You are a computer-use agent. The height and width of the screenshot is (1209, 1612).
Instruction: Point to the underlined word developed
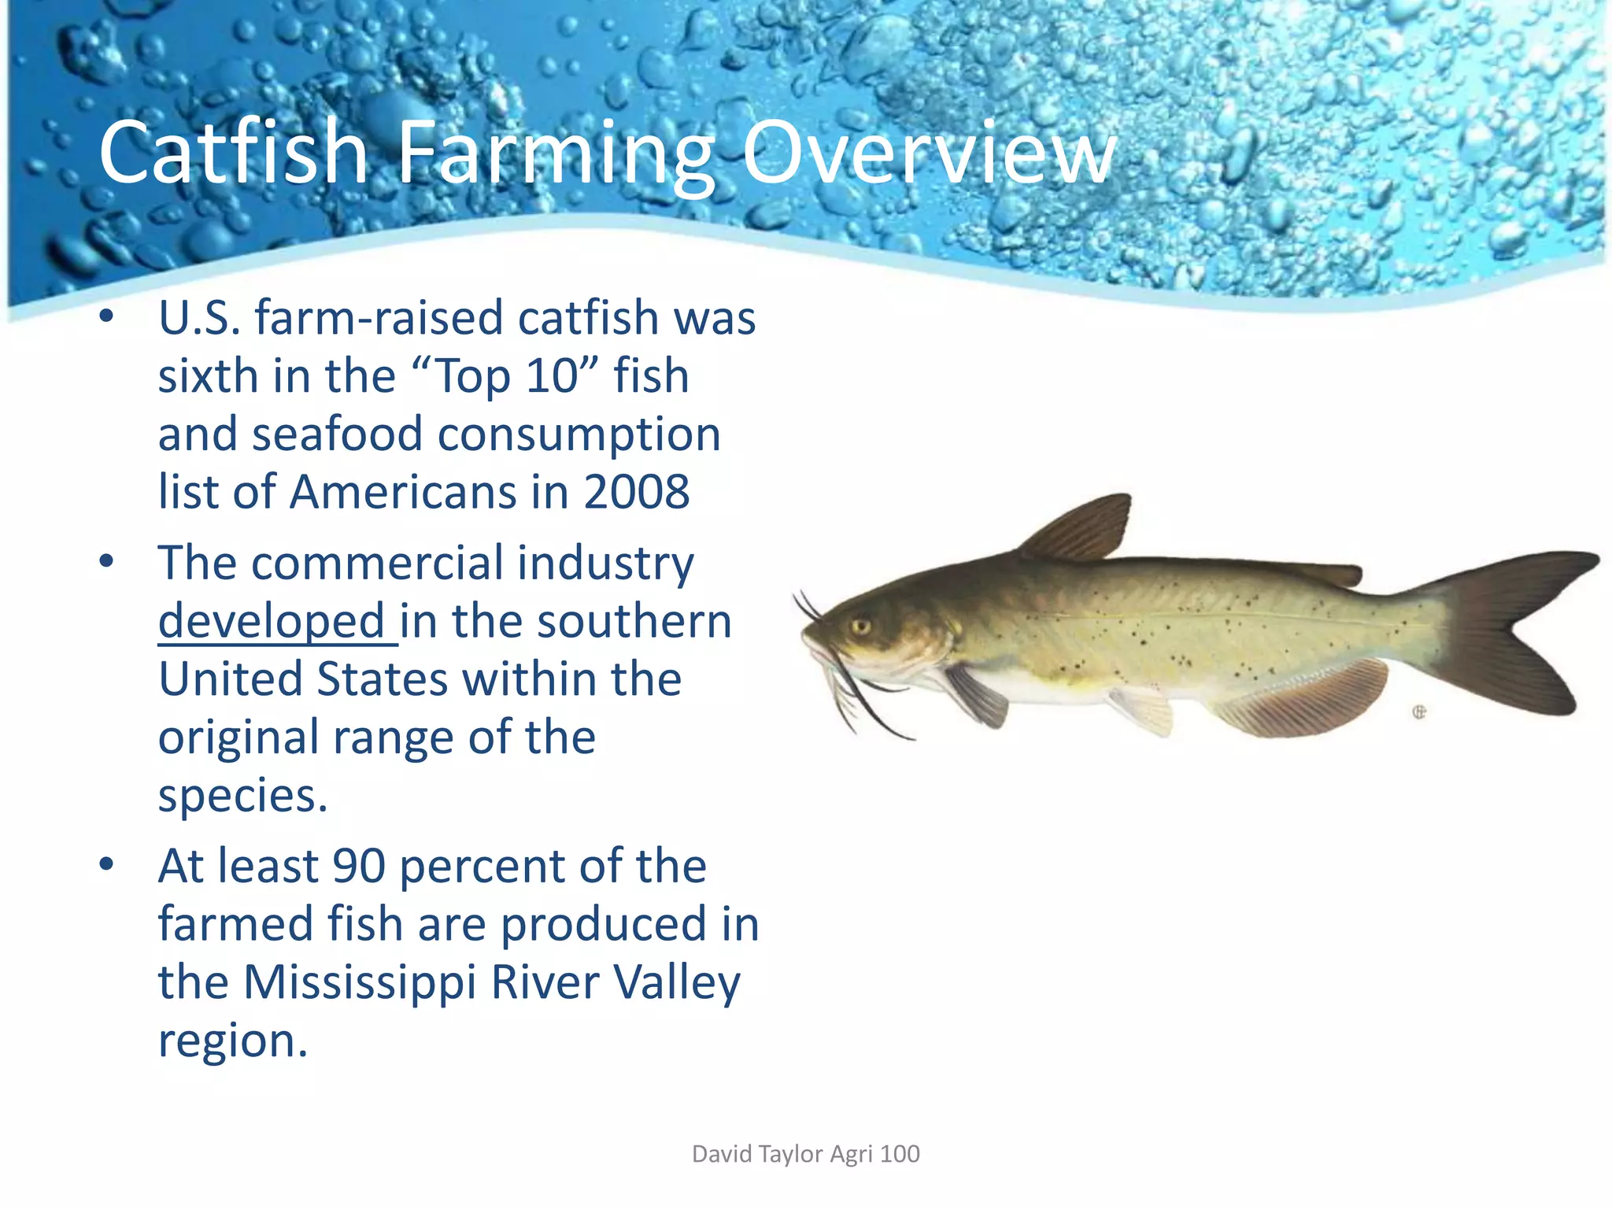(272, 623)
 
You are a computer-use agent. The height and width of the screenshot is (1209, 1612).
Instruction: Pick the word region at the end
(232, 1041)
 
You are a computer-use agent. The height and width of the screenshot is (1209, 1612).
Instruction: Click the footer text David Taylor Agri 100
(805, 1154)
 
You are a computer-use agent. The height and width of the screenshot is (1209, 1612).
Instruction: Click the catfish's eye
(860, 627)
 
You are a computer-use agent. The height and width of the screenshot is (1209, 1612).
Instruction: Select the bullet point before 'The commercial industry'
(107, 562)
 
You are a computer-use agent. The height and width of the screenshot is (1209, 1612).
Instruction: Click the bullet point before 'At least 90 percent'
(107, 865)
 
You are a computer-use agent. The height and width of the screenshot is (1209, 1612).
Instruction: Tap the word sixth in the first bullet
(208, 376)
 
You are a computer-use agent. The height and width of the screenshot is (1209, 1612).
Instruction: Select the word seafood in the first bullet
(337, 434)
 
